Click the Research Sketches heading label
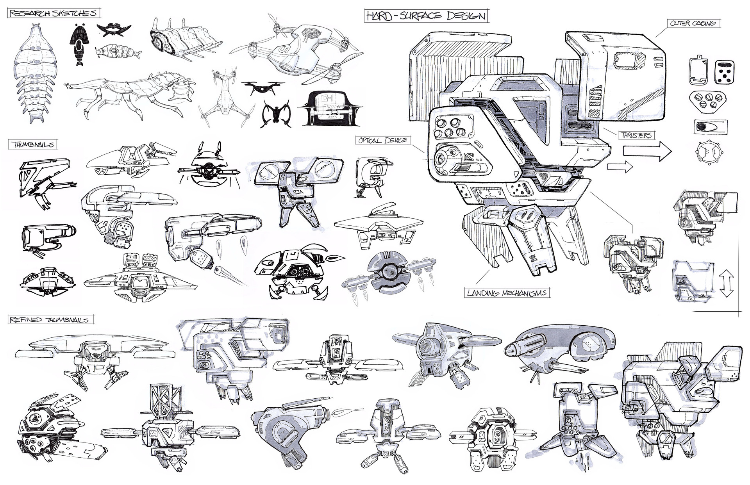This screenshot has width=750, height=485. click(53, 14)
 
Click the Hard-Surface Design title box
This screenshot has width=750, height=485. click(426, 16)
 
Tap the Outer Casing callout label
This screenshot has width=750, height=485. click(693, 23)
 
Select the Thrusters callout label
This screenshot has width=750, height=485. click(636, 136)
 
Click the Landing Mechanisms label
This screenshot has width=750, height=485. click(506, 293)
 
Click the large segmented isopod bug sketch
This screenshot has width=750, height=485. click(34, 74)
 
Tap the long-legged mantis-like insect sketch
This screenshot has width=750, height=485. click(129, 96)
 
